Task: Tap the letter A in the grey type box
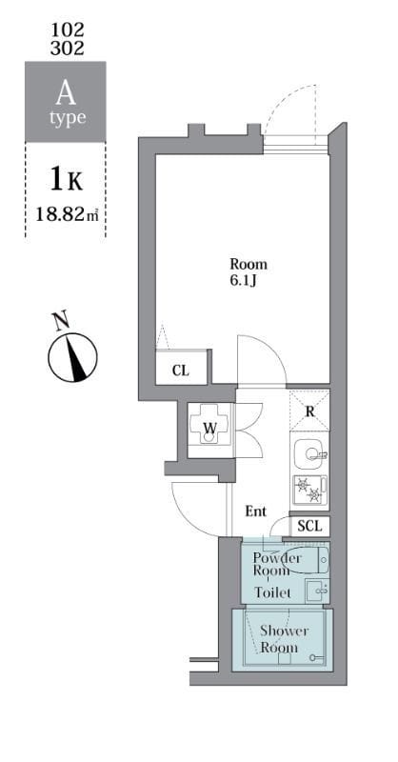(65, 93)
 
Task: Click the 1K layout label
(65, 178)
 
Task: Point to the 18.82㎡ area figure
(65, 216)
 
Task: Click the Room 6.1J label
(249, 271)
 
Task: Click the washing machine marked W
(209, 427)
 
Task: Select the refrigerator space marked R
(309, 411)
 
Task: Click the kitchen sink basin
(308, 452)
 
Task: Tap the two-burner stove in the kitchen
(308, 490)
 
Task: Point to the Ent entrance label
(256, 511)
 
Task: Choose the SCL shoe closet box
(309, 526)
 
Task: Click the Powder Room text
(278, 564)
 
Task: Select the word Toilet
(274, 592)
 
